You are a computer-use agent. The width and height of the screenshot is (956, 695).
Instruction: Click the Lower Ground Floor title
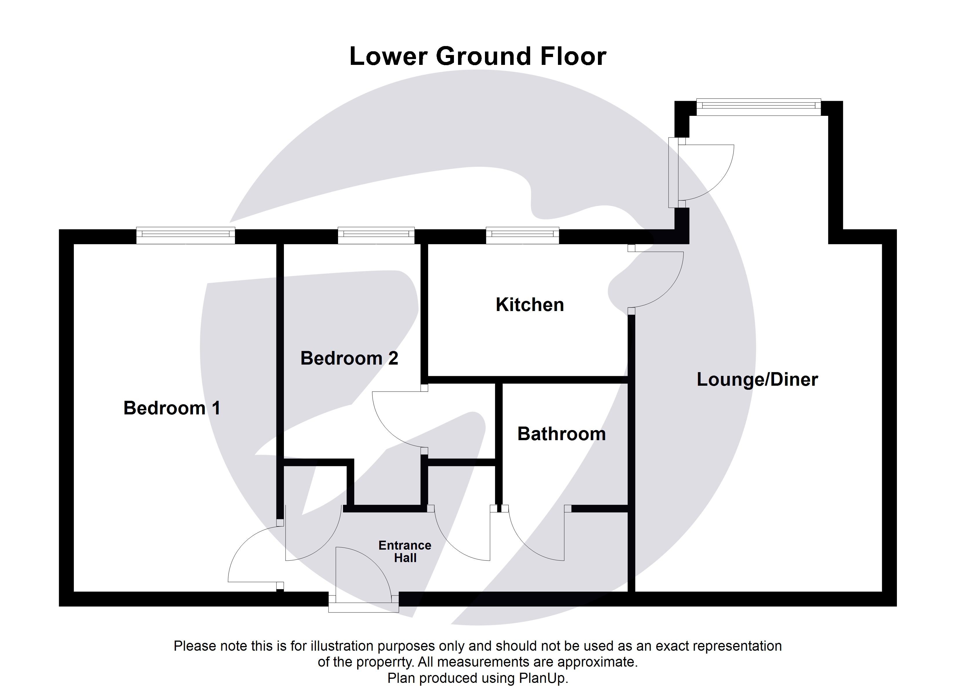[478, 56]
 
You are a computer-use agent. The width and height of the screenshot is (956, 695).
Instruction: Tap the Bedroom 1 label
[172, 408]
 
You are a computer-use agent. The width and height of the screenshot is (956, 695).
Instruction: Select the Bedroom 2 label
[349, 358]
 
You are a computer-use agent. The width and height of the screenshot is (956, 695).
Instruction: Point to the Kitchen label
[530, 305]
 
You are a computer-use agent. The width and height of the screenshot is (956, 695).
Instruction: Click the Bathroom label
[561, 434]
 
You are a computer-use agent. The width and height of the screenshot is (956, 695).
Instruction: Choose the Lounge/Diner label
[757, 380]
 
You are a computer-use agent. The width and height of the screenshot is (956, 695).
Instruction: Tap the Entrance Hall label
[405, 551]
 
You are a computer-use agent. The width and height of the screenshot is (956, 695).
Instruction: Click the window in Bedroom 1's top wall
[185, 236]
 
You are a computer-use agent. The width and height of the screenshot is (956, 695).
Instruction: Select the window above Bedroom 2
[376, 236]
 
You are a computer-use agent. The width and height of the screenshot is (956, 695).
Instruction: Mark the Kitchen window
[522, 236]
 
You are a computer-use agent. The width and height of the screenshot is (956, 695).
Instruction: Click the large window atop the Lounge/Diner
[758, 107]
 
